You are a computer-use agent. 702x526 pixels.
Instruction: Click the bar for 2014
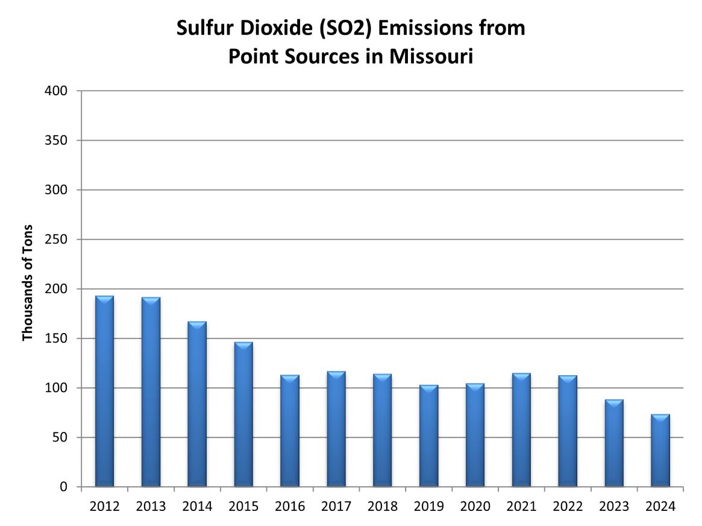pyautogui.click(x=197, y=404)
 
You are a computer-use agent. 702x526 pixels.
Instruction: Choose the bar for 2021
pyautogui.click(x=521, y=429)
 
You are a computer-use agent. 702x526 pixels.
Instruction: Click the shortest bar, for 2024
pyautogui.click(x=660, y=450)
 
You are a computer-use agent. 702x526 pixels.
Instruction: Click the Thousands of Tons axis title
pyautogui.click(x=27, y=283)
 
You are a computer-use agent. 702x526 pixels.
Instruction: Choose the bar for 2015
pyautogui.click(x=243, y=414)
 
